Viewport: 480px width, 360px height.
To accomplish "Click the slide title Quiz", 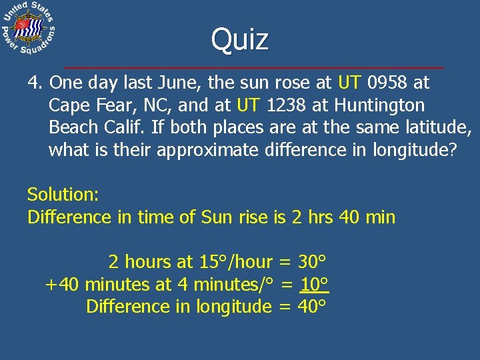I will (x=240, y=39).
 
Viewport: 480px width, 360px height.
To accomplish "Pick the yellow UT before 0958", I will (x=350, y=83).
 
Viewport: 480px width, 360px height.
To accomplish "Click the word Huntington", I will (x=379, y=105).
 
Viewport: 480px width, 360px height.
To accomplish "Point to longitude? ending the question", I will (x=414, y=149).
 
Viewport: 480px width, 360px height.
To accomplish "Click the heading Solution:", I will (x=63, y=195).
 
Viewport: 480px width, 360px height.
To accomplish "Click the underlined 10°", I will (x=315, y=285).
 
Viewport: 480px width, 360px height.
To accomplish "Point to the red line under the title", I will (x=253, y=68).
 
